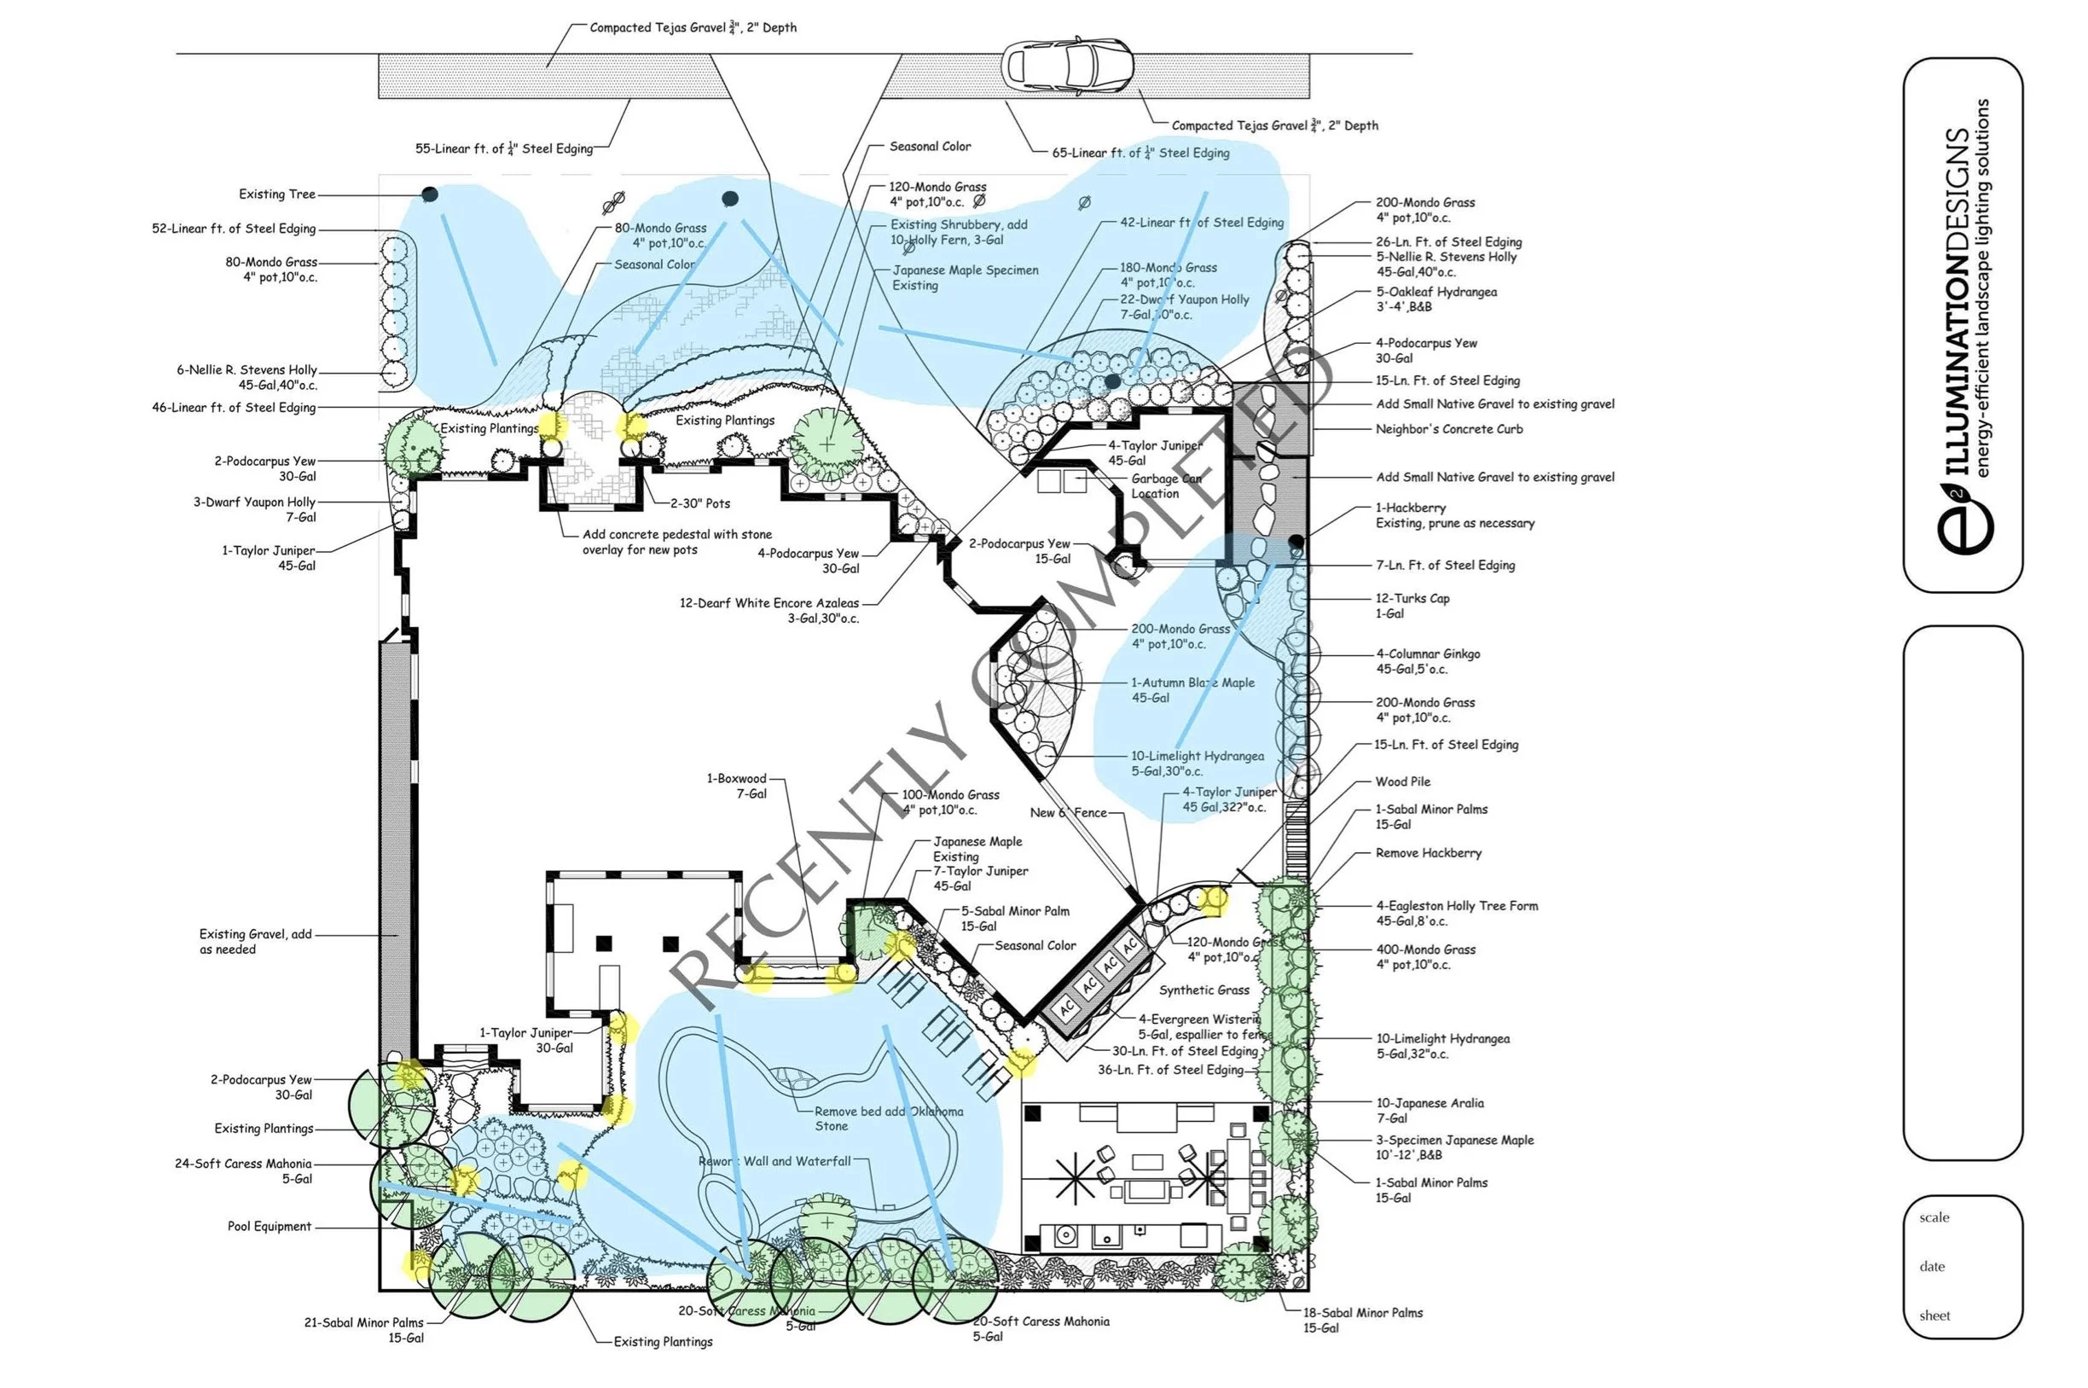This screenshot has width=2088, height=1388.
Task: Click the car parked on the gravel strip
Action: click(1065, 66)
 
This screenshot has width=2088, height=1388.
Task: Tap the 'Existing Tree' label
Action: click(276, 195)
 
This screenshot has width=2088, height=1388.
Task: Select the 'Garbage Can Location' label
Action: click(1165, 486)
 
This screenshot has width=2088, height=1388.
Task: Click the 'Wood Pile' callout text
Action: click(1402, 781)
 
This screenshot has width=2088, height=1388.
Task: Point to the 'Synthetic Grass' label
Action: click(1203, 990)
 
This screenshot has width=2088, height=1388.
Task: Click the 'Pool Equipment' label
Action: click(269, 1227)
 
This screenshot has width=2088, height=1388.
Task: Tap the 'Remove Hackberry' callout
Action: click(1428, 853)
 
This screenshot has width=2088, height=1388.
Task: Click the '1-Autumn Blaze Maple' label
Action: click(1192, 690)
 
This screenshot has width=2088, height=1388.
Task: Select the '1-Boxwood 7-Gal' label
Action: click(736, 786)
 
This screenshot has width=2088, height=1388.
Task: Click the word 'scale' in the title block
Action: click(1934, 1218)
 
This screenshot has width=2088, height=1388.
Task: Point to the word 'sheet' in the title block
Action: click(1934, 1316)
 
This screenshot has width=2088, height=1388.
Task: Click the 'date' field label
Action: click(1932, 1267)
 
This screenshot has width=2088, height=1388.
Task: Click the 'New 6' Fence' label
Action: click(1067, 813)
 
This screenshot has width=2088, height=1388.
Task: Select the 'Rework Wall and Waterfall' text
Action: click(774, 1161)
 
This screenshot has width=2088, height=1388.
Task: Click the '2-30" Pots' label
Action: click(699, 503)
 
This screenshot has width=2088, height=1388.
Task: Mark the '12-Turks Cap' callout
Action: click(1412, 606)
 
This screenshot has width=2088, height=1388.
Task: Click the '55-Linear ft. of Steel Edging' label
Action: click(503, 148)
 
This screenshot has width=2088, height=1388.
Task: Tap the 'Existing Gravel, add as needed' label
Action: click(255, 942)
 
